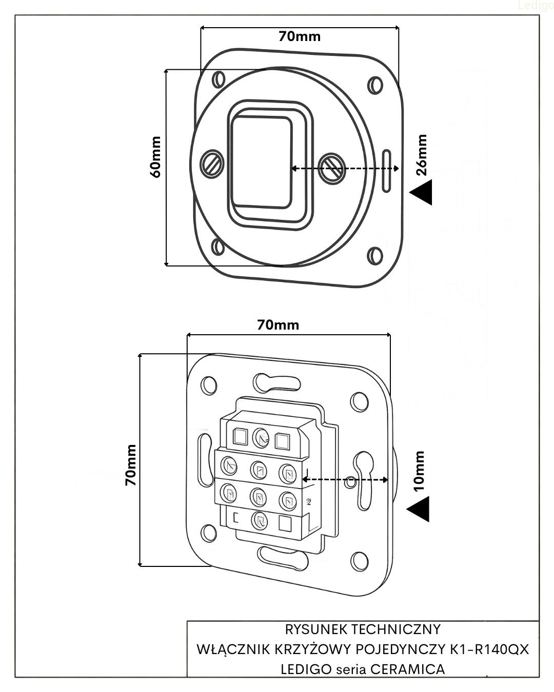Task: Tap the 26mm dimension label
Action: click(422, 155)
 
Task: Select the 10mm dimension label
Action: click(420, 472)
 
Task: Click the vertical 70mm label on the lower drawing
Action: click(131, 465)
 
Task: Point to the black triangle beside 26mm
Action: click(422, 193)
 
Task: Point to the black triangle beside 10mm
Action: click(419, 510)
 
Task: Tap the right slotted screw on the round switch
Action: click(331, 166)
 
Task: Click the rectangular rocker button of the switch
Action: click(261, 161)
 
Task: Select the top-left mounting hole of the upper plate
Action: click(219, 80)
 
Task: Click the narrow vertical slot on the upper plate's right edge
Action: click(388, 171)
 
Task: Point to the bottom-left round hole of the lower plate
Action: click(208, 534)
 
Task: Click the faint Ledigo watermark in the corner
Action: click(536, 6)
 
